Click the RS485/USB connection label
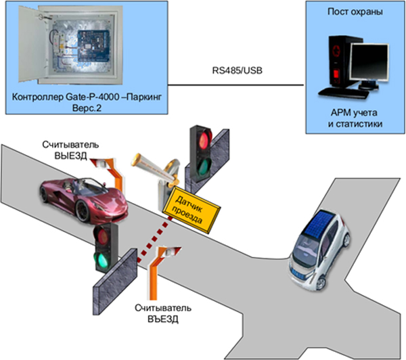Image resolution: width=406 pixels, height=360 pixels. point(234,71)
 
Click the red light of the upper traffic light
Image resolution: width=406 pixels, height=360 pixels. point(202,139)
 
